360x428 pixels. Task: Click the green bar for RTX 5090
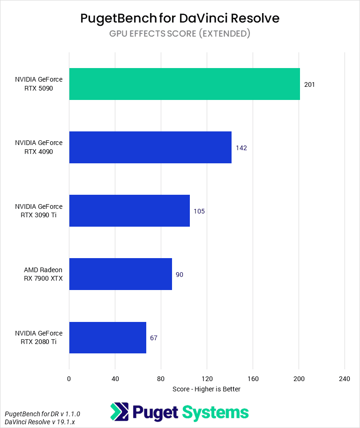coord(184,84)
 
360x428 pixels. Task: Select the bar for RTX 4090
coord(150,147)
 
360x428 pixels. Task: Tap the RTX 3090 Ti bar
coord(129,211)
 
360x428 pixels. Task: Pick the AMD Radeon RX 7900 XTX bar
coord(120,274)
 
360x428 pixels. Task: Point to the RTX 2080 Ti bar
coord(107,337)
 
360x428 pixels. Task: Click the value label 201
coord(309,84)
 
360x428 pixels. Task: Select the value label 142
coord(241,148)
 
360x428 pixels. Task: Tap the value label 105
coord(199,211)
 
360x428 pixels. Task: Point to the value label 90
coord(180,275)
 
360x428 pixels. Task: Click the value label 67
coord(154,338)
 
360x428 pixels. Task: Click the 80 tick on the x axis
coord(161,379)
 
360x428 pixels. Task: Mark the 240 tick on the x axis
coord(345,379)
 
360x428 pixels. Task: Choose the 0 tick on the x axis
coord(69,379)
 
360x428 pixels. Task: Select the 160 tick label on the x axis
coord(253,379)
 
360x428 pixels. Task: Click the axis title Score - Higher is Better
coord(206,389)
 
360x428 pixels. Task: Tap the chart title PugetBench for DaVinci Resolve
coord(180,18)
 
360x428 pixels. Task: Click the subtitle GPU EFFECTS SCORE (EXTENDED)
coord(180,33)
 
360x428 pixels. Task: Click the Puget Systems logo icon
coord(120,412)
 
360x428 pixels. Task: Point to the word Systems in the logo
coord(215,412)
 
